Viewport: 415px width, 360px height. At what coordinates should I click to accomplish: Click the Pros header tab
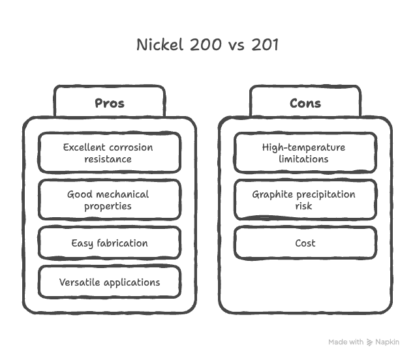tap(109, 103)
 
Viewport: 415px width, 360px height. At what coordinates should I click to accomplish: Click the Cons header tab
tap(305, 103)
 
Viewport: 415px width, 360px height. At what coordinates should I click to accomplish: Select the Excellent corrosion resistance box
tap(109, 153)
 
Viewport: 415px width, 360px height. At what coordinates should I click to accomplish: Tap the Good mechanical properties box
tap(109, 200)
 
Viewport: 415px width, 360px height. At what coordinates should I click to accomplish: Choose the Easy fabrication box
tap(109, 243)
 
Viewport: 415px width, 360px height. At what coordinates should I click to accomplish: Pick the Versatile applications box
tap(109, 282)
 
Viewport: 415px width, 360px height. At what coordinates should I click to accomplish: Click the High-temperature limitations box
tap(305, 153)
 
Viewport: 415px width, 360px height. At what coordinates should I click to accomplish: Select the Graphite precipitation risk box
tap(305, 200)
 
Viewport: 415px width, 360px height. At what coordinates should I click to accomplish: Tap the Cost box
tap(305, 243)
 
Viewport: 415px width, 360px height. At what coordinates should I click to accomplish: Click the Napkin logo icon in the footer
tap(370, 342)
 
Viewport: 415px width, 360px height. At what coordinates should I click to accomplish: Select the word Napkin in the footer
tap(388, 342)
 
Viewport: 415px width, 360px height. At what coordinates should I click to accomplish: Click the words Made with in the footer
tap(346, 342)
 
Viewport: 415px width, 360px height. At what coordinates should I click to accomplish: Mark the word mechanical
tap(122, 194)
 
